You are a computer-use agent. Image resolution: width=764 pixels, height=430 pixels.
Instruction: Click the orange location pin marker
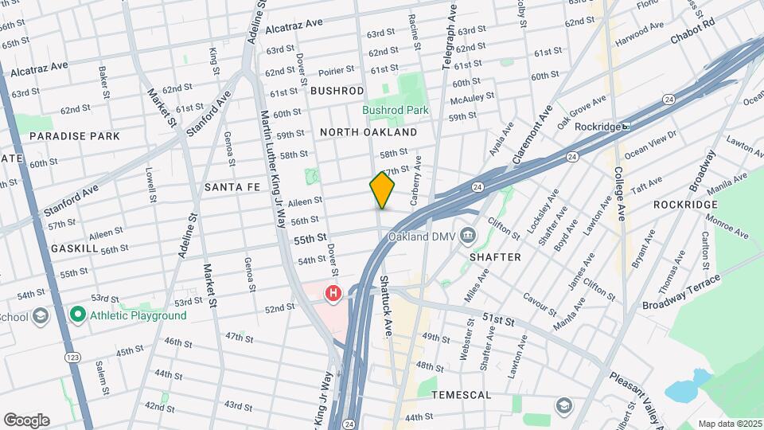[x=382, y=190]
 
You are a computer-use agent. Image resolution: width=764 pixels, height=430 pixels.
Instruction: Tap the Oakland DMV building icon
[x=468, y=236]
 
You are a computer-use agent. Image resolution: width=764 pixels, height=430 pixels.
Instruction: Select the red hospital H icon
[x=333, y=295]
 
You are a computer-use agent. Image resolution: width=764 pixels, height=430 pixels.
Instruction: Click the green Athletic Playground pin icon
[x=77, y=315]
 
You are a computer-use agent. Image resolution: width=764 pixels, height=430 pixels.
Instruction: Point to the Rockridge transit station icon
[x=626, y=126]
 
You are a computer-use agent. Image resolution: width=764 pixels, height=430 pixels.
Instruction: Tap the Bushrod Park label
[x=396, y=110]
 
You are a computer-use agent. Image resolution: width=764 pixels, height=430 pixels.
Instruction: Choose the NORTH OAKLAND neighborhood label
[x=368, y=131]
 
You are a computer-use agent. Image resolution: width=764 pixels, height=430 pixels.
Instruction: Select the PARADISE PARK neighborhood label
[x=75, y=136]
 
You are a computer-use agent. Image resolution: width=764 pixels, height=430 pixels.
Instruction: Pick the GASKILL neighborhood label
[x=74, y=248]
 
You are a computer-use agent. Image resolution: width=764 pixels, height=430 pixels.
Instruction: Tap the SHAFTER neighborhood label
[x=495, y=257]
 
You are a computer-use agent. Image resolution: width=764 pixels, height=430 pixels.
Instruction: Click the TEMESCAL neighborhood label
[x=461, y=395]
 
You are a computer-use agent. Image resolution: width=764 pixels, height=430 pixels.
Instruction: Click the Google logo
[x=26, y=420]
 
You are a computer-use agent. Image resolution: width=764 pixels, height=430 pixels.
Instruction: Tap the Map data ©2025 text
[x=729, y=424]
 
